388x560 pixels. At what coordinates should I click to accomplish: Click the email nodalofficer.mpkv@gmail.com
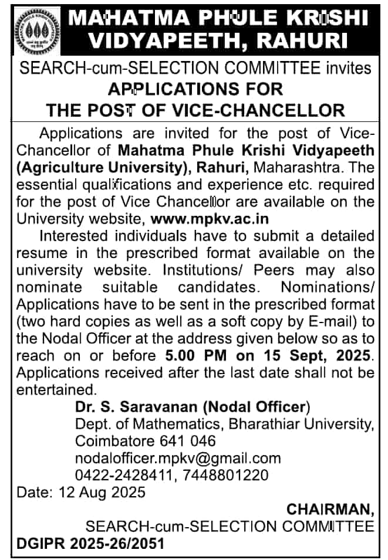pos(178,458)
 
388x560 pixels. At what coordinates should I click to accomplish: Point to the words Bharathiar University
pos(307,423)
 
